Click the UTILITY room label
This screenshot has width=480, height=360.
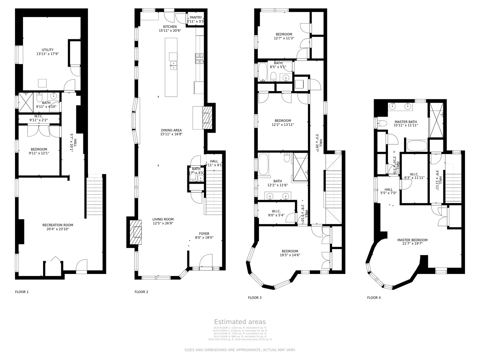tap(47, 50)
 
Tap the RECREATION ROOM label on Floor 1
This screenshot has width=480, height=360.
tap(58, 225)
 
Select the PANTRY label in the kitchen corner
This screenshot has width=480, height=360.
tap(196, 18)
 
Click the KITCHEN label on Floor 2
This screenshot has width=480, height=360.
tap(170, 27)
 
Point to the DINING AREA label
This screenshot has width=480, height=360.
tap(171, 130)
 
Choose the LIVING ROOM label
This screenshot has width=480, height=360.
tap(163, 219)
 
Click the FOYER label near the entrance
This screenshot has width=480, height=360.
tap(204, 234)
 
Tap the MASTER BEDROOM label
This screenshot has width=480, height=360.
tap(412, 240)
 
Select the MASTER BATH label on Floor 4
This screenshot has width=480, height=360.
tap(405, 122)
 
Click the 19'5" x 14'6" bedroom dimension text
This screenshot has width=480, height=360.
tap(290, 255)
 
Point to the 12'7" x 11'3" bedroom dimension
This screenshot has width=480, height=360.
tap(284, 38)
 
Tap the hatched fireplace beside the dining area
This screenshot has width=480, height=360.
tap(207, 118)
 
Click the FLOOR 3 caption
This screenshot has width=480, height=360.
tap(255, 298)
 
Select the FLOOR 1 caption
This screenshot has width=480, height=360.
tap(22, 292)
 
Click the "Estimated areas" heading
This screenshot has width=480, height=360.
tap(240, 322)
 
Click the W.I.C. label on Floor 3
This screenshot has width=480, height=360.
tap(276, 211)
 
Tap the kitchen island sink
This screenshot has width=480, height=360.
tap(173, 65)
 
